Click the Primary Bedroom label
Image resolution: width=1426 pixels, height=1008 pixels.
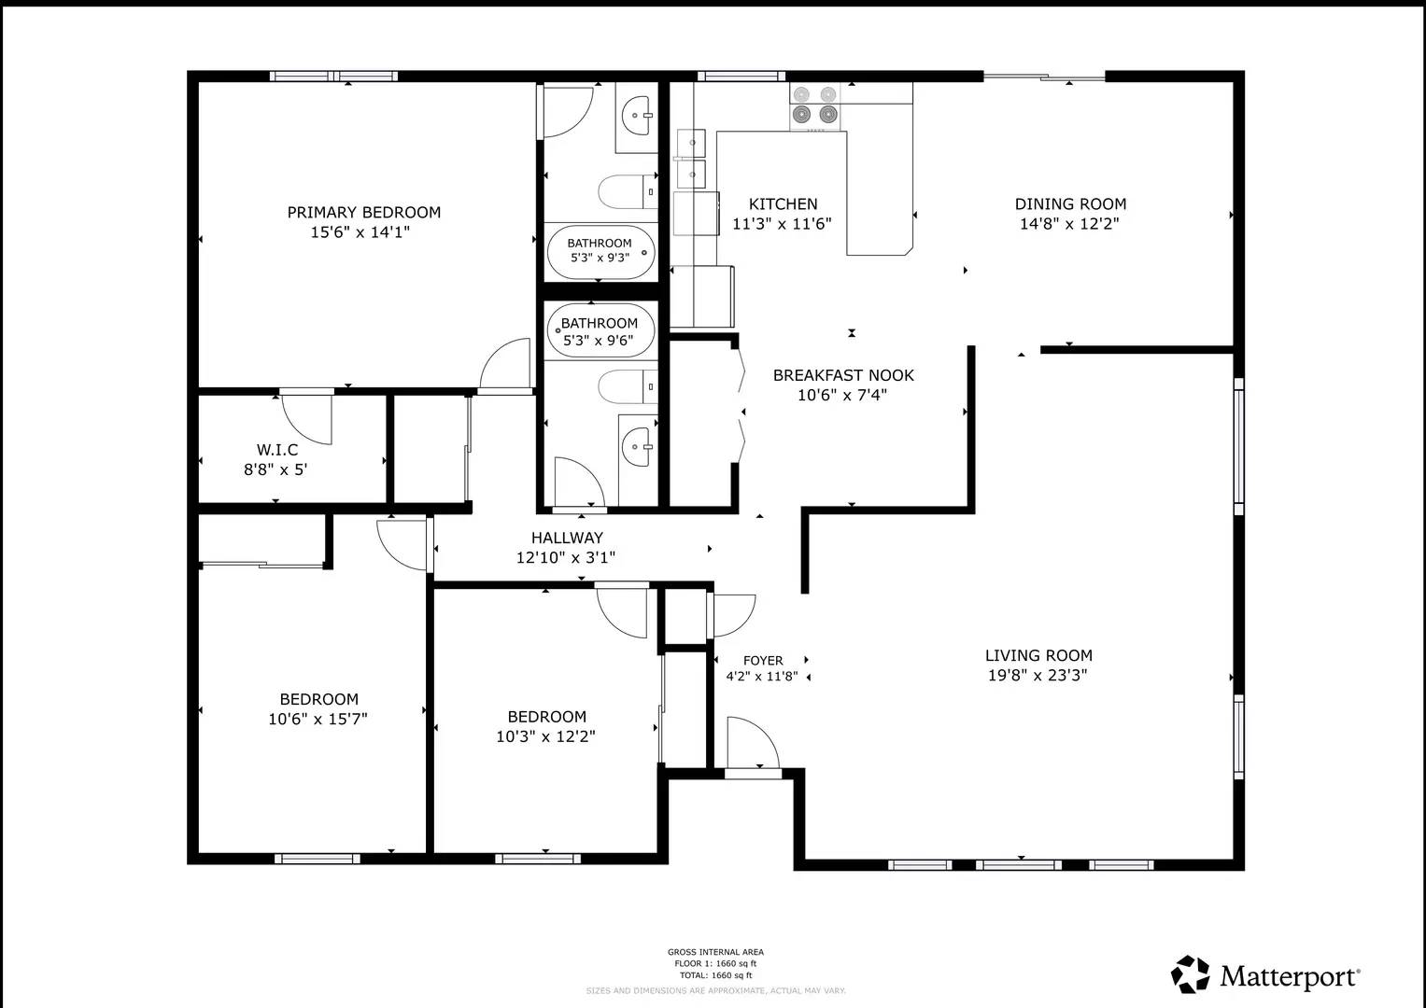tap(363, 213)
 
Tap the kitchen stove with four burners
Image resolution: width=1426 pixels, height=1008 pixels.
tap(814, 105)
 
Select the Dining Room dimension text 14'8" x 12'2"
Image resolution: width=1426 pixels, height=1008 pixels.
tap(1069, 224)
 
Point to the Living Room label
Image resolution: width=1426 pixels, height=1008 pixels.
tap(1038, 656)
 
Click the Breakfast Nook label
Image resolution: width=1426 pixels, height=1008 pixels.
tap(842, 375)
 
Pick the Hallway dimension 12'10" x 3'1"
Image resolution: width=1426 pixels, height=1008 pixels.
tap(566, 558)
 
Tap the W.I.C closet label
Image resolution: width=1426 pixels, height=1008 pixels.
tap(277, 450)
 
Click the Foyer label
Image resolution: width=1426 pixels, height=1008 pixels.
tap(763, 661)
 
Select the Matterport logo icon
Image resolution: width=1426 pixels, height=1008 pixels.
tap(1191, 974)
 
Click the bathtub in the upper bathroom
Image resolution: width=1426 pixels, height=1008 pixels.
tap(601, 252)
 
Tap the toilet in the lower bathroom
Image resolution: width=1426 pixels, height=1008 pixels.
tap(627, 386)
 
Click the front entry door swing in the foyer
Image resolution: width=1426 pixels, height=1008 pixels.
tap(752, 743)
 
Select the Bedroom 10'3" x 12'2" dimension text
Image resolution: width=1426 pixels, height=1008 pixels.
tap(545, 736)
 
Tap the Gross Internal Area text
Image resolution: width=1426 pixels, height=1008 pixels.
tap(715, 953)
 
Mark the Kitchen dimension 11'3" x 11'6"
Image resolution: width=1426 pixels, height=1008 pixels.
tap(782, 224)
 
